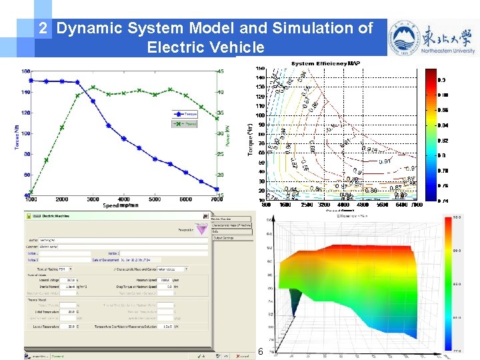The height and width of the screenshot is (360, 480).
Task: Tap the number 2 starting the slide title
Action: pos(43,28)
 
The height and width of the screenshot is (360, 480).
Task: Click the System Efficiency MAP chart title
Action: pos(326,64)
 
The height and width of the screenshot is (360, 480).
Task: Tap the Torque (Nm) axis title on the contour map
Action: pos(251,139)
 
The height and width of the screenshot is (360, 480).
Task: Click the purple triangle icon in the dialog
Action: pos(199,228)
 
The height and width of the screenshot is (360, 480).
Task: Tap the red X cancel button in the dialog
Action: pos(235,356)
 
